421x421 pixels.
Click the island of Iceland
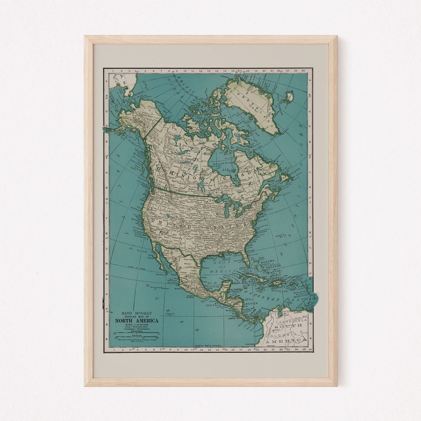pos(288,97)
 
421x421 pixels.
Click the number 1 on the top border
pos(113,70)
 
